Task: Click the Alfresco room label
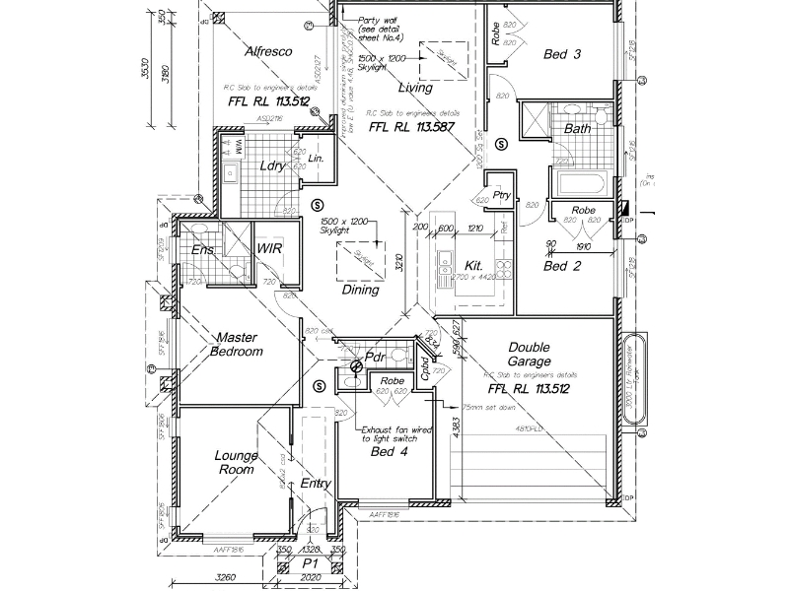coord(268,51)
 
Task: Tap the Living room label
coord(415,88)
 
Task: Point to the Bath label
coord(577,129)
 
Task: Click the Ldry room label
coord(272,165)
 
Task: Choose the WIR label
coord(269,249)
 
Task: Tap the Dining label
coord(360,291)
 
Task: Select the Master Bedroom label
coord(239,344)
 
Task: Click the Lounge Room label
coord(237,462)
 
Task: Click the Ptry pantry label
coord(501,195)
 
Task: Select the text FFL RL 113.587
coord(407,127)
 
